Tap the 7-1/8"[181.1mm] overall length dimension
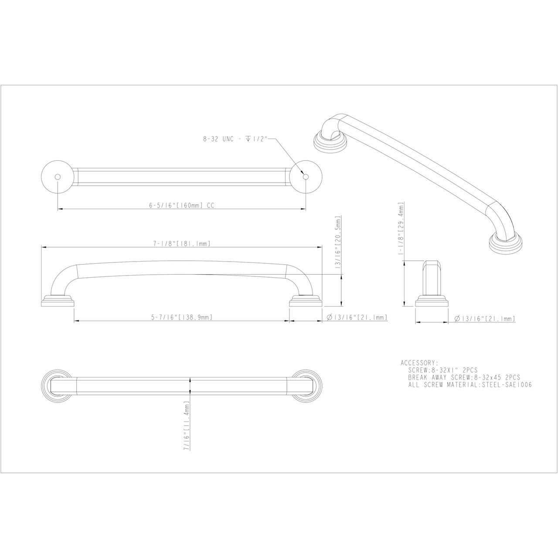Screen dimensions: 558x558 [x=182, y=244]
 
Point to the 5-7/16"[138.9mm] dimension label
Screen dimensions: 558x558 [x=182, y=317]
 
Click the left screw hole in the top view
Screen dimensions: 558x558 [x=58, y=177]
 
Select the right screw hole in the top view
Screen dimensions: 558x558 [x=305, y=177]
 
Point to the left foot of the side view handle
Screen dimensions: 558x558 [x=58, y=302]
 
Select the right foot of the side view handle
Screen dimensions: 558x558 [x=305, y=302]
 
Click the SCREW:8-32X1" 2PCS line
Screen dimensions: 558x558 [x=443, y=370]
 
